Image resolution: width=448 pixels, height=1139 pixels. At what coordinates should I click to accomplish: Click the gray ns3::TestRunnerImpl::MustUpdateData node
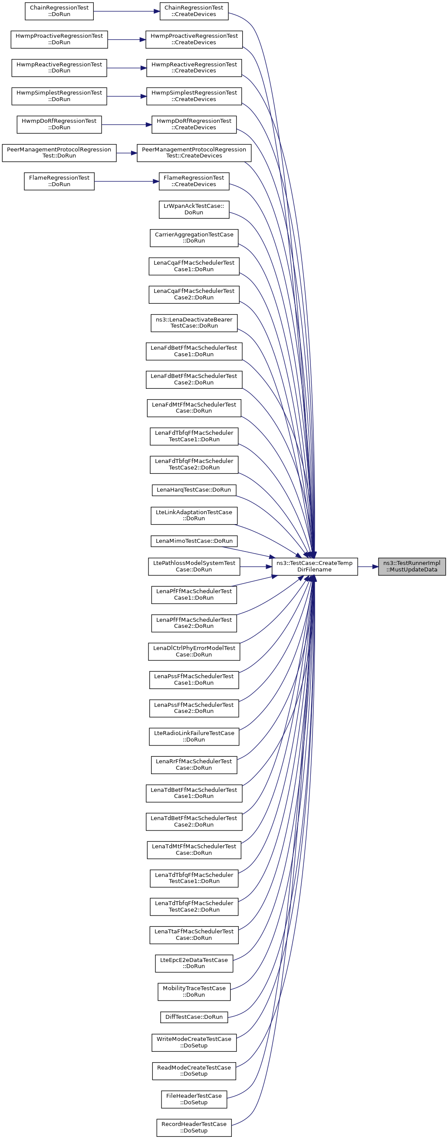click(411, 566)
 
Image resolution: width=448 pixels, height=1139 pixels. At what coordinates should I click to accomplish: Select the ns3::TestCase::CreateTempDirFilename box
click(314, 566)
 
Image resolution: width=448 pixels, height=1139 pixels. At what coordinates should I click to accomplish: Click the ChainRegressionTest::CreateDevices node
click(194, 11)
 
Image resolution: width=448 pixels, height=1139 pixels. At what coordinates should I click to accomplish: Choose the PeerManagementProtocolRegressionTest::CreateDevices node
click(194, 153)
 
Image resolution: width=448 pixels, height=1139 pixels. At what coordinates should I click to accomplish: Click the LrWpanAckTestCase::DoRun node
click(194, 209)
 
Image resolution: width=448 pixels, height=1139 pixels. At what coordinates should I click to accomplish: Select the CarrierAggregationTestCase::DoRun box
click(194, 237)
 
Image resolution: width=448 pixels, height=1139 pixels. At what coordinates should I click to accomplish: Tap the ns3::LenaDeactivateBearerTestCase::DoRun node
click(194, 322)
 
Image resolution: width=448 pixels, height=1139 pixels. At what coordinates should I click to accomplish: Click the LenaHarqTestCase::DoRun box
click(194, 489)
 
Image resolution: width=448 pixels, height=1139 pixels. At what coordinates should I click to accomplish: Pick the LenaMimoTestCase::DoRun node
click(194, 541)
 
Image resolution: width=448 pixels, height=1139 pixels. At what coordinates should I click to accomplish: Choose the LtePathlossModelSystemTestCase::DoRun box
click(194, 566)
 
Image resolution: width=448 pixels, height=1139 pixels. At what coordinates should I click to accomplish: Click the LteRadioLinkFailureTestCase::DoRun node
click(194, 736)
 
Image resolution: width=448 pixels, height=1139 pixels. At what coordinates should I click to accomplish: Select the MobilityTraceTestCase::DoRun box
click(194, 991)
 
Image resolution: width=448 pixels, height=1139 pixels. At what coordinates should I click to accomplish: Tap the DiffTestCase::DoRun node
click(194, 1017)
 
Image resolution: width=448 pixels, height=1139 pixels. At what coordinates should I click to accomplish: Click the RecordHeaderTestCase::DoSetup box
click(194, 1127)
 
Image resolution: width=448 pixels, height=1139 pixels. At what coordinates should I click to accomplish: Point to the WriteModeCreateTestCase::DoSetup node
click(194, 1042)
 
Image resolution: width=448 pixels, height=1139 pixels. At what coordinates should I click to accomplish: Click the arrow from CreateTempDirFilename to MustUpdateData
click(368, 566)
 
